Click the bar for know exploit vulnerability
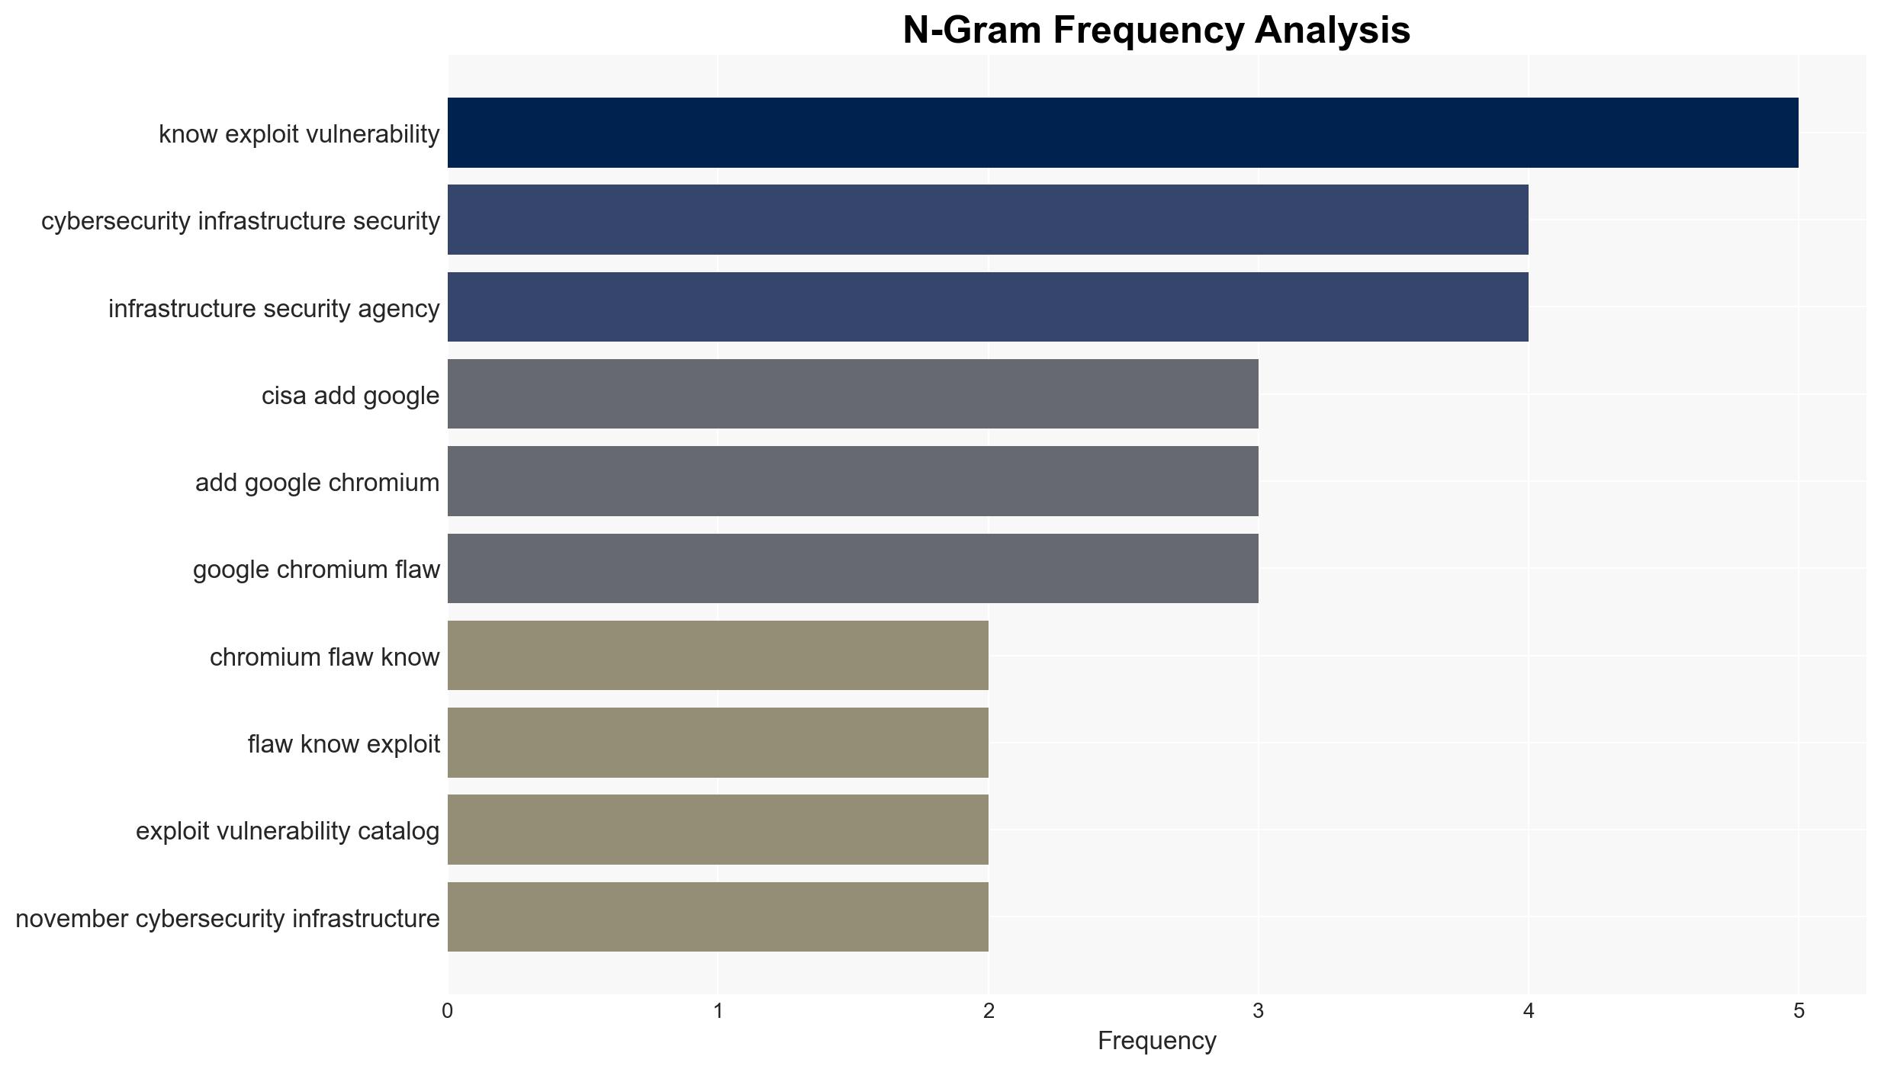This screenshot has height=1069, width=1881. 1123,133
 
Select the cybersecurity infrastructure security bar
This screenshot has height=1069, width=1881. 988,220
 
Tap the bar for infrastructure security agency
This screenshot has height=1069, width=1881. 988,307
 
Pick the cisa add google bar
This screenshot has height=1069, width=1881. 853,394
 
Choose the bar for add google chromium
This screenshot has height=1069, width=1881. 853,481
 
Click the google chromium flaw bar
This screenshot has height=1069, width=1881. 853,568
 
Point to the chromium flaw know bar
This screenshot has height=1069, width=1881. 718,656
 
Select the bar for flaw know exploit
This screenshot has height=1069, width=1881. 718,743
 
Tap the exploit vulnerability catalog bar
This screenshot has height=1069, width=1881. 718,830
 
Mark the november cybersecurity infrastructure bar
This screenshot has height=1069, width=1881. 718,917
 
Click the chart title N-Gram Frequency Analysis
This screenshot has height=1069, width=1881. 1156,30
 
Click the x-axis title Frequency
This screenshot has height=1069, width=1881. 1156,1041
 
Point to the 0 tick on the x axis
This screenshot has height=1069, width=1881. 447,1012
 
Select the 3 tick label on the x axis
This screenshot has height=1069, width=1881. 1258,1012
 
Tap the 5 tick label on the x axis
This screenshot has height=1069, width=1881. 1799,1012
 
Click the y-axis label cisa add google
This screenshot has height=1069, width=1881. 350,396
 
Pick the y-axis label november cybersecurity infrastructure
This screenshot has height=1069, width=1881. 227,919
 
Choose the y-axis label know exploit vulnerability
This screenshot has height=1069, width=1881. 299,134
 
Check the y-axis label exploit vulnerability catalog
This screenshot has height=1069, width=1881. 288,831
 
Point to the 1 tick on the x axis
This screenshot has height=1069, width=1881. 717,1012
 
